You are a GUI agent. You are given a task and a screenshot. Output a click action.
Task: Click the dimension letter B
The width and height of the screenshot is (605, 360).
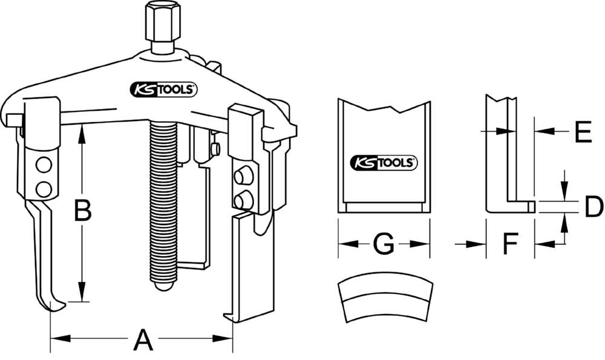pos(82,211)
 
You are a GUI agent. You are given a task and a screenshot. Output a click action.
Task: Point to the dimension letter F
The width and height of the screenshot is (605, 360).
pos(511,244)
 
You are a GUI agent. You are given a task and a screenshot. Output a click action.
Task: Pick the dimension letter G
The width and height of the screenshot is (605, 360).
pos(384,244)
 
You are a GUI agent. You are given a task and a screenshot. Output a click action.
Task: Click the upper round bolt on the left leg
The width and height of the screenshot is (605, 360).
pos(42,165)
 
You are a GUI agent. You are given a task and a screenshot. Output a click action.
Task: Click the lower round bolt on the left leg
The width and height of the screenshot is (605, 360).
pos(42,189)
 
